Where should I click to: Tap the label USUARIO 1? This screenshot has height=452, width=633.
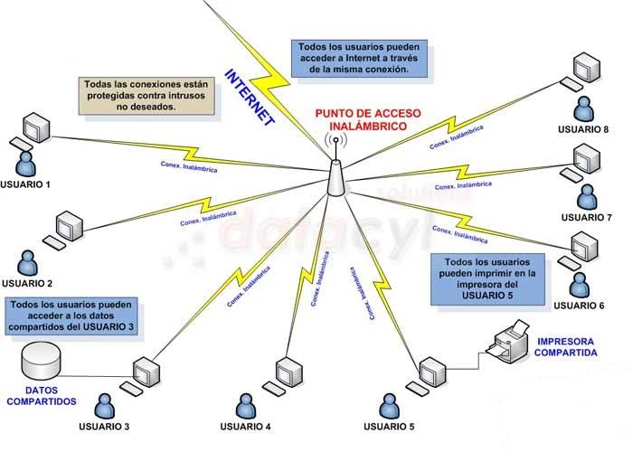click(x=25, y=184)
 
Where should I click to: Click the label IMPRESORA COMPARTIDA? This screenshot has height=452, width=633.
click(x=567, y=347)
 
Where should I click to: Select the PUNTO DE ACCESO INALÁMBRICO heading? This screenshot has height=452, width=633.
click(x=362, y=119)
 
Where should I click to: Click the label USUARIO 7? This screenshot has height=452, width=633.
click(x=586, y=218)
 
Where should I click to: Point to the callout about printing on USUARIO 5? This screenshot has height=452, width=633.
click(x=487, y=278)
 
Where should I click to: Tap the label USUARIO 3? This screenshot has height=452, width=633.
click(x=104, y=426)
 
